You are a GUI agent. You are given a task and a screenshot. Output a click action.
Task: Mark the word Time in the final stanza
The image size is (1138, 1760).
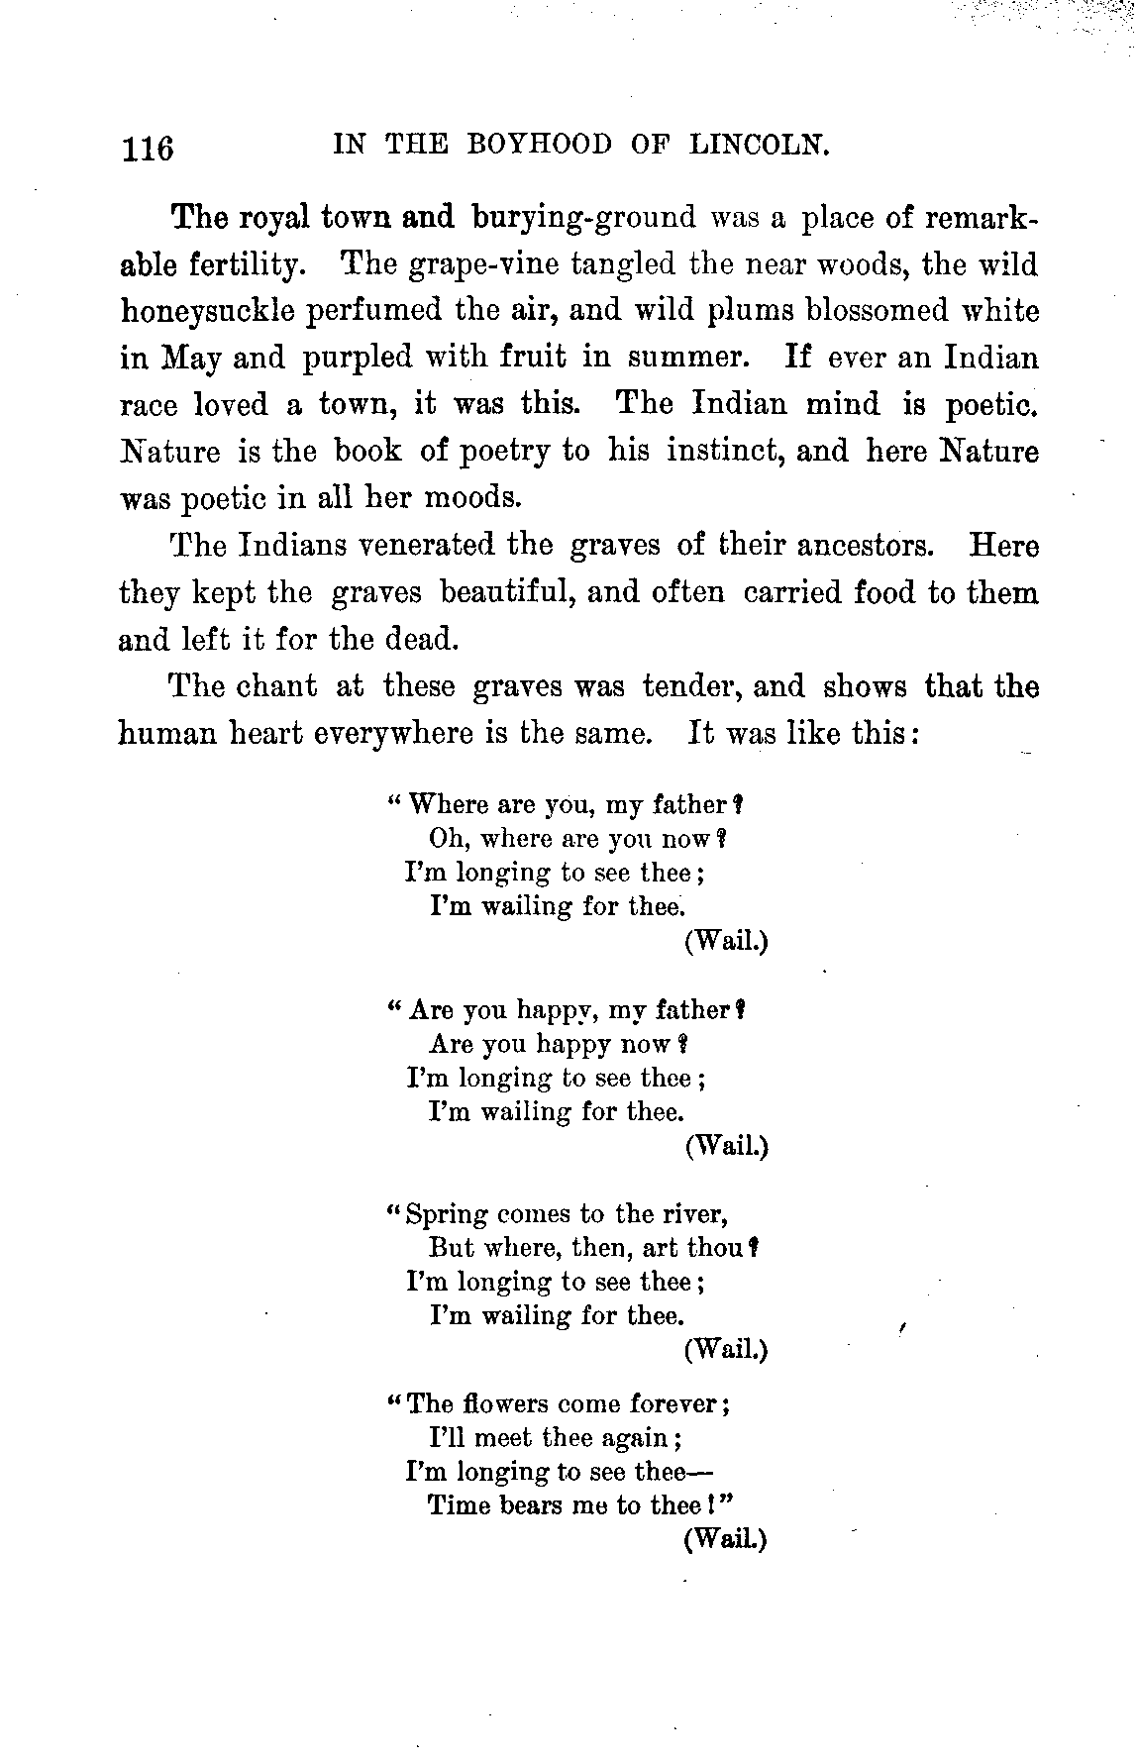tap(459, 1505)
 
